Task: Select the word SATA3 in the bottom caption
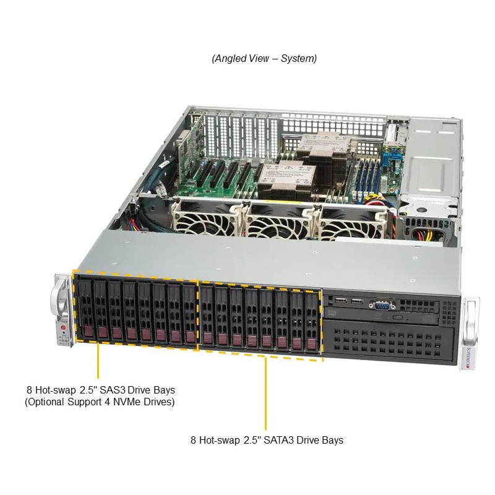279,440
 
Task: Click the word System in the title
299,58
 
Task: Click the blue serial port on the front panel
382,304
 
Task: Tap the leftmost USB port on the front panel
342,300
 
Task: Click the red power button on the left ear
62,328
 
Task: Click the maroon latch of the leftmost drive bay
88,332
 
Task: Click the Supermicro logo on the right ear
468,358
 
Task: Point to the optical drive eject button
398,317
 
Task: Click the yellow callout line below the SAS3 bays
98,361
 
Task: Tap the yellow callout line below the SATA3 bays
265,394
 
